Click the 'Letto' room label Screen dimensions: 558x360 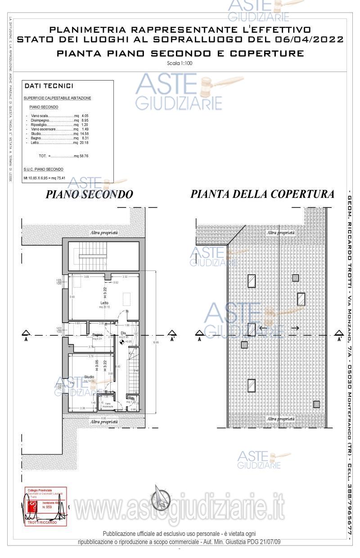point(104,303)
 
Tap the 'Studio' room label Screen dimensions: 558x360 point(89,377)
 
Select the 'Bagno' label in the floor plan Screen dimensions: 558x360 point(97,335)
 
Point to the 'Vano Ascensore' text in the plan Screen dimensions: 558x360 point(108,405)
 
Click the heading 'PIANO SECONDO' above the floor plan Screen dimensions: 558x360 point(90,194)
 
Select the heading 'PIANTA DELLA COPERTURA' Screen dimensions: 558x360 point(262,194)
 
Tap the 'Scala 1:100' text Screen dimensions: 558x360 point(179,63)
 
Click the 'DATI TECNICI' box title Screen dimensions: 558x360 point(49,86)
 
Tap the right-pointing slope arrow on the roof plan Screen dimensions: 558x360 point(295,328)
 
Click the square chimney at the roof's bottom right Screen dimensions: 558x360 point(317,404)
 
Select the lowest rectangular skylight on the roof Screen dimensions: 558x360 point(252,386)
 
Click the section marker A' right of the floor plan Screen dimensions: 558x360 point(172,335)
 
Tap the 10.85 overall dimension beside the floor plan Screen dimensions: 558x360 point(156,342)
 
